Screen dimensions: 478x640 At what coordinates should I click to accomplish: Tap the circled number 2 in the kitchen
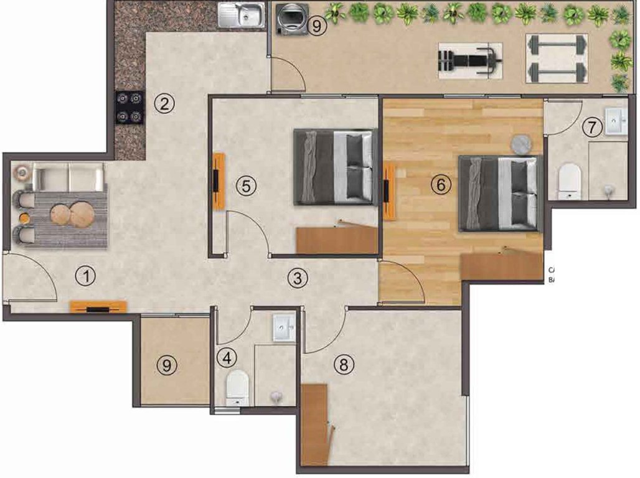click(164, 103)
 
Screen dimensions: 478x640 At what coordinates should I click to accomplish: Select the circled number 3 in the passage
click(298, 278)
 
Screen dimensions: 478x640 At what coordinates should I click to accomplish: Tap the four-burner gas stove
click(130, 107)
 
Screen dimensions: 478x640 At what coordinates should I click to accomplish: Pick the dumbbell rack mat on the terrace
click(557, 59)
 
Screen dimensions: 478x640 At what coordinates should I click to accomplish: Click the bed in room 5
click(336, 167)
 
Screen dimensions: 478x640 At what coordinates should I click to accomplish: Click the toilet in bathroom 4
click(237, 387)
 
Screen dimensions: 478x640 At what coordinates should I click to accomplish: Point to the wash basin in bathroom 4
click(286, 327)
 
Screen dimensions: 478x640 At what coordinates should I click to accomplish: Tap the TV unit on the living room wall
click(98, 306)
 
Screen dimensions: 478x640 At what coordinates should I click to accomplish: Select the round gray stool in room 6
click(521, 144)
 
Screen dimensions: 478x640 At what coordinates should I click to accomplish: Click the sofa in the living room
click(68, 176)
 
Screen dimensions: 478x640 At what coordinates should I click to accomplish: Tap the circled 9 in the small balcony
click(166, 366)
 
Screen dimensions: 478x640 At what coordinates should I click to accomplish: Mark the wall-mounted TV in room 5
click(219, 180)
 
